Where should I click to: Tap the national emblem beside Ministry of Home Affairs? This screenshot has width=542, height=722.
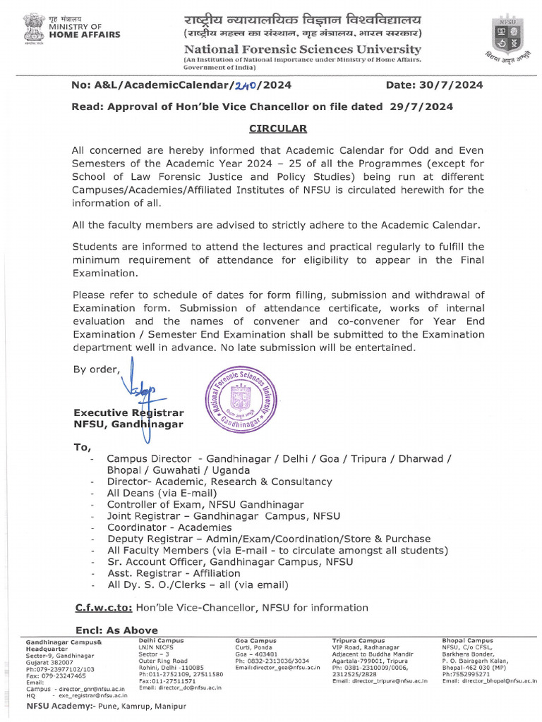point(33,27)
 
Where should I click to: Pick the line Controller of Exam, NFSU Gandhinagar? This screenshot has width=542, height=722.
point(205,504)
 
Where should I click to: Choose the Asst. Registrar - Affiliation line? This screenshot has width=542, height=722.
point(174,573)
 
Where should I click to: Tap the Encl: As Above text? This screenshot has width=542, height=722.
point(116,630)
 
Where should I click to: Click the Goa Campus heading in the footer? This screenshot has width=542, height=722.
point(255,640)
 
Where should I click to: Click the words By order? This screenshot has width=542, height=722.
point(97,369)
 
